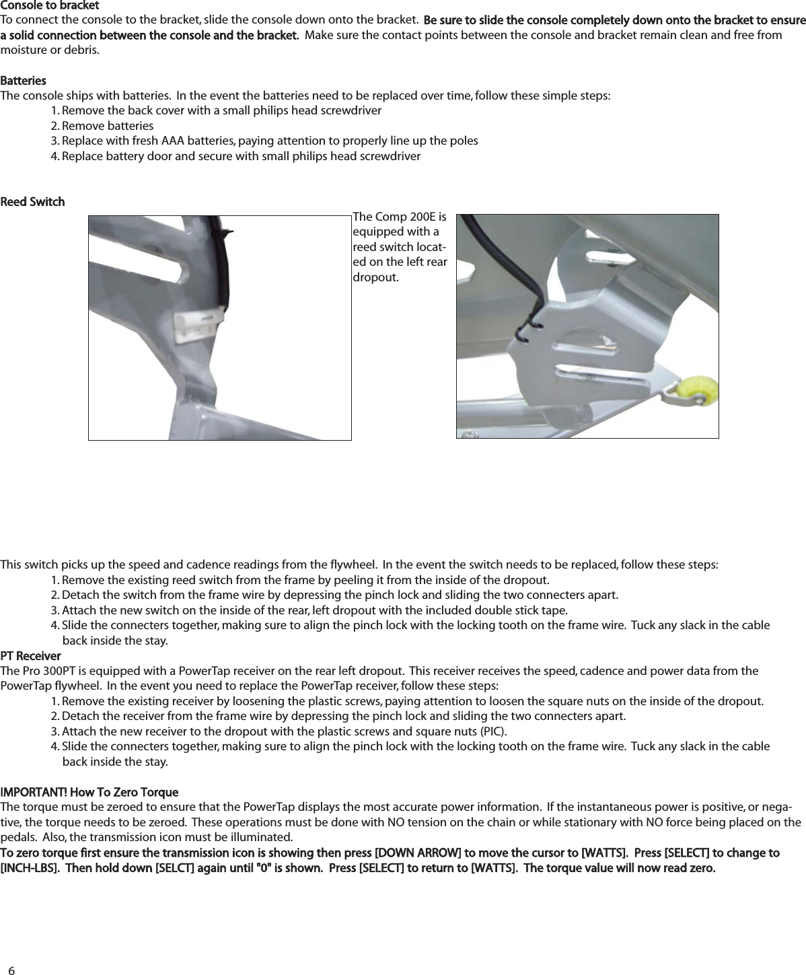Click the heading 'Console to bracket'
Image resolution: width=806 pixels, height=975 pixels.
pyautogui.click(x=50, y=6)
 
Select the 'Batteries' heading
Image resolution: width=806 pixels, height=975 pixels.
pyautogui.click(x=24, y=81)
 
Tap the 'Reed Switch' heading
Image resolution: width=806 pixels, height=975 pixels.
pyautogui.click(x=32, y=202)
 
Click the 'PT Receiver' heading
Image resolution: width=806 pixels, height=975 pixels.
pyautogui.click(x=30, y=655)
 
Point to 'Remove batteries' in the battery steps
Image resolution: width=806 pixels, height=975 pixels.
pyautogui.click(x=107, y=126)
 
